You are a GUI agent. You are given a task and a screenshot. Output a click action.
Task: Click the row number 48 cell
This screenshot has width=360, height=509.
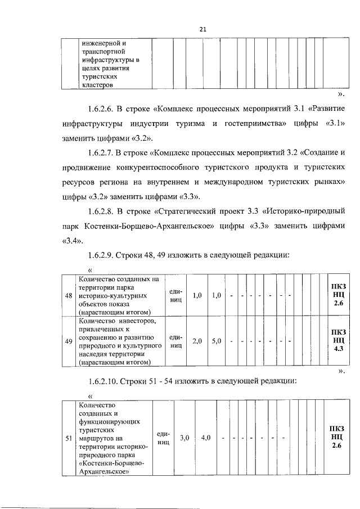coord(68,295)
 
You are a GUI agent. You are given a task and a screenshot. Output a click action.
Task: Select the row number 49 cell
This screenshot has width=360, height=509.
coord(68,341)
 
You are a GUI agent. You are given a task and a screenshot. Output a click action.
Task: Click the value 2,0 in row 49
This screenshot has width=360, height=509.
coord(197,341)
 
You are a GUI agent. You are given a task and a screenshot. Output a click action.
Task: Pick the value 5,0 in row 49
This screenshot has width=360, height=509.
coord(217,341)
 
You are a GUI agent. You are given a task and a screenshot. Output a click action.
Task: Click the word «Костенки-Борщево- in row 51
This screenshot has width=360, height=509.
coord(112,463)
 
